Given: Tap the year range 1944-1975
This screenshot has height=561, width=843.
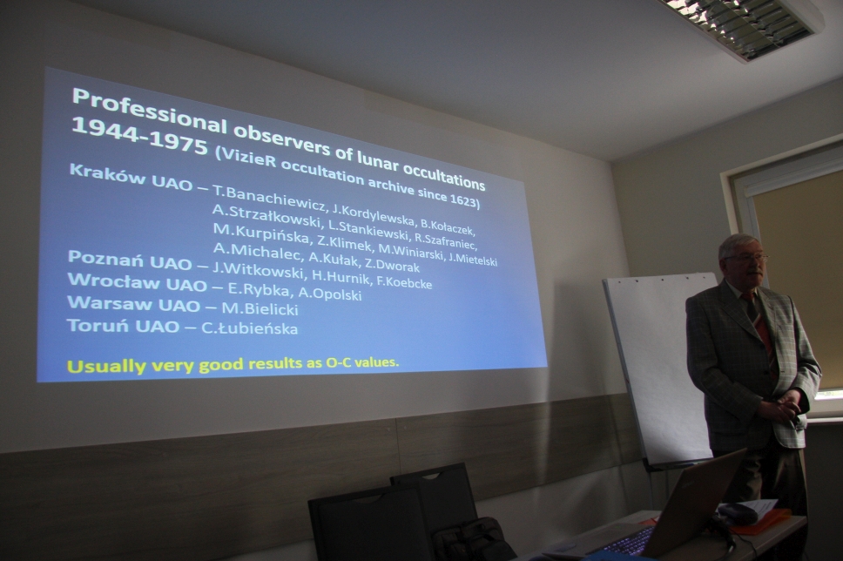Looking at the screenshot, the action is [x=138, y=133].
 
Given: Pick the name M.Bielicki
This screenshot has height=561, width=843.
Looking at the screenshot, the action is [x=260, y=308].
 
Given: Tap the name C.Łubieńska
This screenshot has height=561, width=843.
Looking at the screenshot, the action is [x=249, y=328].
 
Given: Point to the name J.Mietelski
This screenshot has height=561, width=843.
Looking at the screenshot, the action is [x=473, y=260].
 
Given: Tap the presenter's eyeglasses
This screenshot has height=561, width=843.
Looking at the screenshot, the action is [x=747, y=259].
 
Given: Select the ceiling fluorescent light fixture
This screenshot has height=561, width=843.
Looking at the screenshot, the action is [x=747, y=24].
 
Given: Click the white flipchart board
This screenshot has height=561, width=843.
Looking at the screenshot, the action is [x=658, y=366].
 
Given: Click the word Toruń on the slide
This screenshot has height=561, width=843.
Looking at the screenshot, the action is [x=93, y=326].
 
